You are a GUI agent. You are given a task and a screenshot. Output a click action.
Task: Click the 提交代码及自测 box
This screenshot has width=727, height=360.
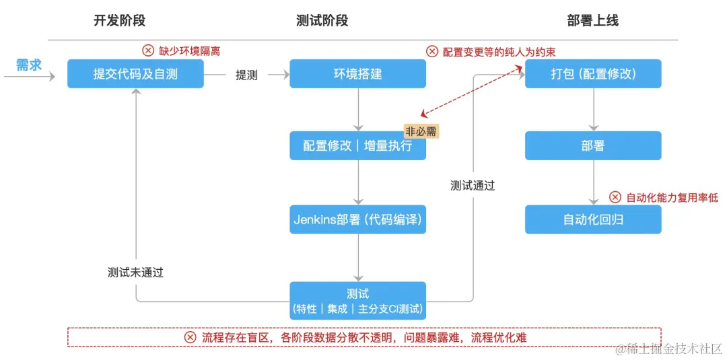[135, 74]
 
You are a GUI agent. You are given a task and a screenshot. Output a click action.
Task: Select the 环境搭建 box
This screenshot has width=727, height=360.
[357, 74]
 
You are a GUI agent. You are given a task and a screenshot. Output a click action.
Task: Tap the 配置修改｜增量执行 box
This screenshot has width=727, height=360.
[357, 146]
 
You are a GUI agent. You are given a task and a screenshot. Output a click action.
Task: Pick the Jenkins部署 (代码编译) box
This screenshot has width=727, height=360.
[357, 219]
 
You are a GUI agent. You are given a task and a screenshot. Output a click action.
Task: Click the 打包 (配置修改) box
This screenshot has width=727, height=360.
[593, 74]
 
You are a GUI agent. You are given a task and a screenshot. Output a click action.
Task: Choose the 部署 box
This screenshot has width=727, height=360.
[593, 146]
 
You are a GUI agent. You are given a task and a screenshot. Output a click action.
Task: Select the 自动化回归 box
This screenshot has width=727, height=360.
[593, 219]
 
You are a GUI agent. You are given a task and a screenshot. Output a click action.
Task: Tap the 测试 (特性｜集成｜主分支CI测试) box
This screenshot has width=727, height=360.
[357, 301]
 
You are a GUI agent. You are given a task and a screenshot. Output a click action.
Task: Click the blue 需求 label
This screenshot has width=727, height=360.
[29, 65]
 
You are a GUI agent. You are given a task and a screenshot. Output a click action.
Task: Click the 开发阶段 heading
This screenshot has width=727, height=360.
[119, 21]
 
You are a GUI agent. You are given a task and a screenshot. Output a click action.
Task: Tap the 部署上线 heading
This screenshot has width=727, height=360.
[592, 21]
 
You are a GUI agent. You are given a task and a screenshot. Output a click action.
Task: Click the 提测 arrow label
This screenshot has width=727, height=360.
[246, 75]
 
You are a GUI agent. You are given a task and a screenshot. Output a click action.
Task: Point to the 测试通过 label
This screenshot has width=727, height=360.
[473, 186]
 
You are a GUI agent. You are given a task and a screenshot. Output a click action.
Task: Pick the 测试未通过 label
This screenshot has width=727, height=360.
[135, 273]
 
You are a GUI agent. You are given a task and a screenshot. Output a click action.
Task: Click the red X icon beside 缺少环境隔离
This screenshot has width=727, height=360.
[148, 50]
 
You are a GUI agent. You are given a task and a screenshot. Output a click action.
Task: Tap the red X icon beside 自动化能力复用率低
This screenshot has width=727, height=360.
[615, 197]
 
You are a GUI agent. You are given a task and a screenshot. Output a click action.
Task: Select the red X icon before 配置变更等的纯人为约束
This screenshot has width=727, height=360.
[432, 51]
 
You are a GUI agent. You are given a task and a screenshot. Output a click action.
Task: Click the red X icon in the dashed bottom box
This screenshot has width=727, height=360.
[191, 337]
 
